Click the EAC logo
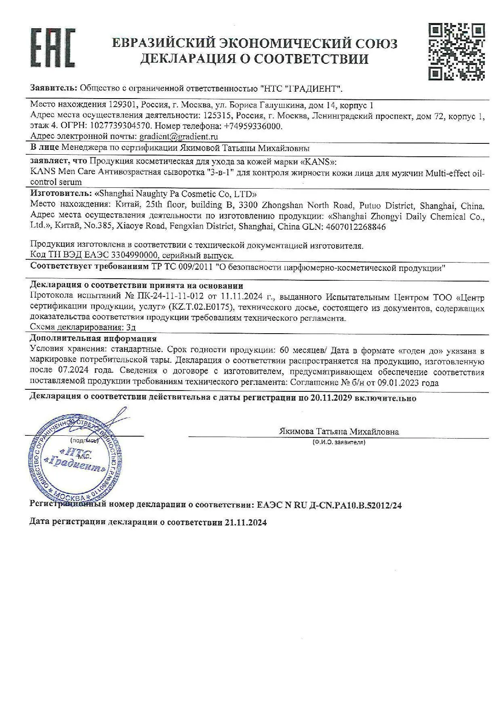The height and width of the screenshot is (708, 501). click(53, 48)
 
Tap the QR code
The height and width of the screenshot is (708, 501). click(457, 51)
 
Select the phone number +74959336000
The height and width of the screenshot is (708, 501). click(253, 126)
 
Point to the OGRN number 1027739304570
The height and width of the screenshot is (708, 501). click(122, 126)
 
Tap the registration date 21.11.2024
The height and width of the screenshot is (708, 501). click(245, 522)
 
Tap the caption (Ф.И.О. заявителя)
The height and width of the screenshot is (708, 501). click(339, 442)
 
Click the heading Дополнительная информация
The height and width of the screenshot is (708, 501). click(93, 338)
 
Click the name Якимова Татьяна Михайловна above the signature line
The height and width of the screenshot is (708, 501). click(339, 431)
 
